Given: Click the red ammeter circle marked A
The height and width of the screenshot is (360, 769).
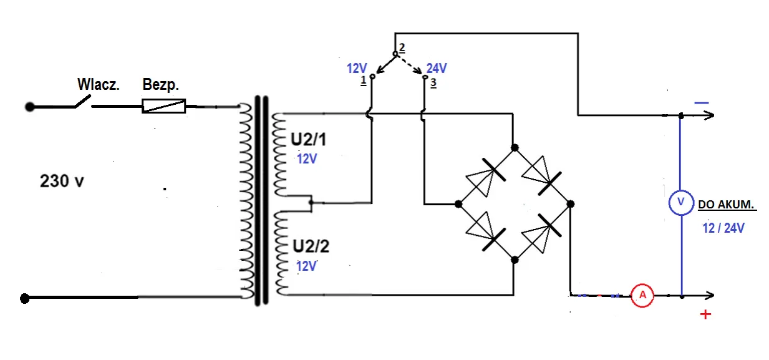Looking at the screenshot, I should (642, 296).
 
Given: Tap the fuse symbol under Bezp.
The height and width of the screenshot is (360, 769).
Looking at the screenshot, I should (164, 106).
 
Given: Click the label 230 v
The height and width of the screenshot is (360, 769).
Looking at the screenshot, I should (62, 182).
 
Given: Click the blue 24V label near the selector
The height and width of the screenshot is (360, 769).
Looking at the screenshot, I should (436, 69).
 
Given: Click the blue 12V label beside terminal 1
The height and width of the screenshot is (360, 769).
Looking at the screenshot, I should (358, 69).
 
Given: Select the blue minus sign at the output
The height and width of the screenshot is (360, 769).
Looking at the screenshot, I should (701, 102).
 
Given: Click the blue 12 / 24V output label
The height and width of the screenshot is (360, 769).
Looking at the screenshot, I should (723, 228).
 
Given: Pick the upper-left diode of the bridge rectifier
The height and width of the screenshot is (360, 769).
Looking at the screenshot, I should (486, 175).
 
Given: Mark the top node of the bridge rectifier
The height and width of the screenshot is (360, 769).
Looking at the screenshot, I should (515, 148).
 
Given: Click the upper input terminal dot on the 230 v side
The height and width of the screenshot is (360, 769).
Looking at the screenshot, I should (29, 107).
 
